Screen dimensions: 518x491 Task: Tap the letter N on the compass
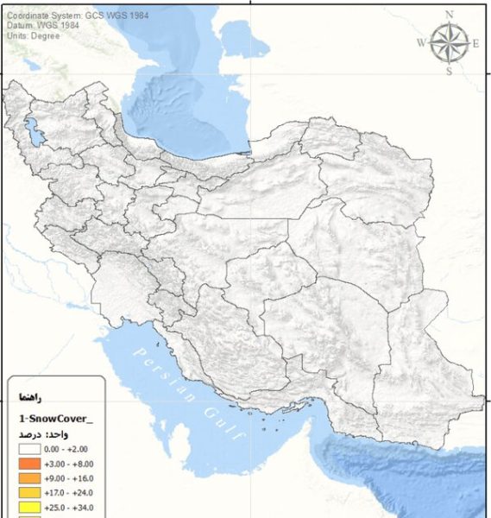[x=449, y=14]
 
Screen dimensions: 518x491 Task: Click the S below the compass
[x=449, y=72]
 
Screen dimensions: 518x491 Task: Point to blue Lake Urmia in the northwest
[x=34, y=133]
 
